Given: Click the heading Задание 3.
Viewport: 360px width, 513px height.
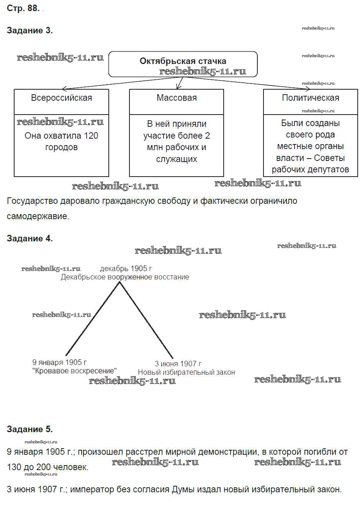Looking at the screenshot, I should (29, 31).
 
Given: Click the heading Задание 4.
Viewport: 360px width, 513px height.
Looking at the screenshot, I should (29, 238).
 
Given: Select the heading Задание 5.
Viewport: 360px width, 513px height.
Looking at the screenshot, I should (29, 429).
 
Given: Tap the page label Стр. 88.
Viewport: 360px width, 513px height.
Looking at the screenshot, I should (23, 8).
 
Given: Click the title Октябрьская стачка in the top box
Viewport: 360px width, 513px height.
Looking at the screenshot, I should (183, 61).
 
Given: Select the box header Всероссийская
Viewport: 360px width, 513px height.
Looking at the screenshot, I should (61, 98).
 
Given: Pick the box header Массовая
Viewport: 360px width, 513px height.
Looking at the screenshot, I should (177, 98).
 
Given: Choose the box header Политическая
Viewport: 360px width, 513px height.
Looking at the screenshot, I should (310, 98).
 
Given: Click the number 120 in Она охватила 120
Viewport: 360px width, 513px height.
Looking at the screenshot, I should (91, 136).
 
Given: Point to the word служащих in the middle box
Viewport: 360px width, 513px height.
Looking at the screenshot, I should (177, 159).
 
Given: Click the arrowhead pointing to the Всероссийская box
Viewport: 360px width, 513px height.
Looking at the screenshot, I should (64, 89).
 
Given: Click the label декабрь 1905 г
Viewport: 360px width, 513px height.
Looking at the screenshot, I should (126, 269).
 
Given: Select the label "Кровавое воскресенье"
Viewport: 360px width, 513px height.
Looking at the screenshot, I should (74, 371).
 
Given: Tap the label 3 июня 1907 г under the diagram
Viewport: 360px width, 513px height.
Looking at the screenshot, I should (178, 364).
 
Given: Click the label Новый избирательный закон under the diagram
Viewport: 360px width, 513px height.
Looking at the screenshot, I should (186, 372).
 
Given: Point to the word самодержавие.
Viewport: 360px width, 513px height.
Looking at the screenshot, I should (38, 216).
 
